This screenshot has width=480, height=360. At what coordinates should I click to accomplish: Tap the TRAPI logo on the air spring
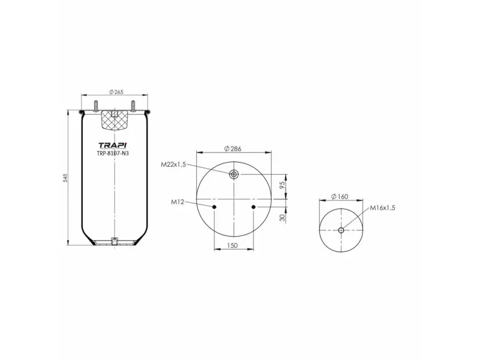pos(113,145)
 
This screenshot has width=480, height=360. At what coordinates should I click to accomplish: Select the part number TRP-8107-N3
pos(113,153)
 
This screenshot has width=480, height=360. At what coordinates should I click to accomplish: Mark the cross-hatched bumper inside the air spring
pos(113,121)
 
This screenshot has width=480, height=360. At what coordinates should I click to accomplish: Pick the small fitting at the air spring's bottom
pos(113,242)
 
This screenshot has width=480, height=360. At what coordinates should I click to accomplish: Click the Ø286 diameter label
pos(232,149)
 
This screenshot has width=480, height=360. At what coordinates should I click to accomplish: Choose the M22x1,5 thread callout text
pos(173,164)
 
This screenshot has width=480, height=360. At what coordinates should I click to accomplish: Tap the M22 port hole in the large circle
pos(234,175)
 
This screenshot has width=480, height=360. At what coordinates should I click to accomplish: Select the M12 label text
pos(177,202)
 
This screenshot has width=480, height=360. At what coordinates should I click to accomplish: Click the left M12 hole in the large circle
pos(214,207)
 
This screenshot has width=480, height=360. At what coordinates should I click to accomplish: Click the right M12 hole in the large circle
pos(254,207)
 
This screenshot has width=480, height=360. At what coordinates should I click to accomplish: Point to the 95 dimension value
pos(283,185)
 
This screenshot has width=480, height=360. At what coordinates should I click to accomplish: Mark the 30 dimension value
pos(283,218)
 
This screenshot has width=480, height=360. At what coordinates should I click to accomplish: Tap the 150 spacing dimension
pos(233,246)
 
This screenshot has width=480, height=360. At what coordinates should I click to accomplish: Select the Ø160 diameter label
pos(340,197)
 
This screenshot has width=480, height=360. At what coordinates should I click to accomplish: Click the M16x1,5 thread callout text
pos(382,208)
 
